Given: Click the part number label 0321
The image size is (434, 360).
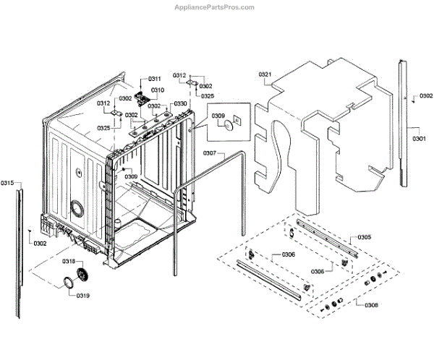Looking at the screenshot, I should (265, 74).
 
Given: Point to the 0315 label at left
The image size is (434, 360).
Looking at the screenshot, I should (8, 183).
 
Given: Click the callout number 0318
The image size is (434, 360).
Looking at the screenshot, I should (69, 261).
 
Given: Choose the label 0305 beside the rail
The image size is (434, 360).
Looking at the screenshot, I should (364, 237).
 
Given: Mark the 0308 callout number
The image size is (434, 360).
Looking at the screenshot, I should (371, 305).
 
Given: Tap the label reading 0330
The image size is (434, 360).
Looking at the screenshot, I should (180, 104).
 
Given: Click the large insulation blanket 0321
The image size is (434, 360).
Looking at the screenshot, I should (325, 130).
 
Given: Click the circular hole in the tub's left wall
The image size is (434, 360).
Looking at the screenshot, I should (75, 209).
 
